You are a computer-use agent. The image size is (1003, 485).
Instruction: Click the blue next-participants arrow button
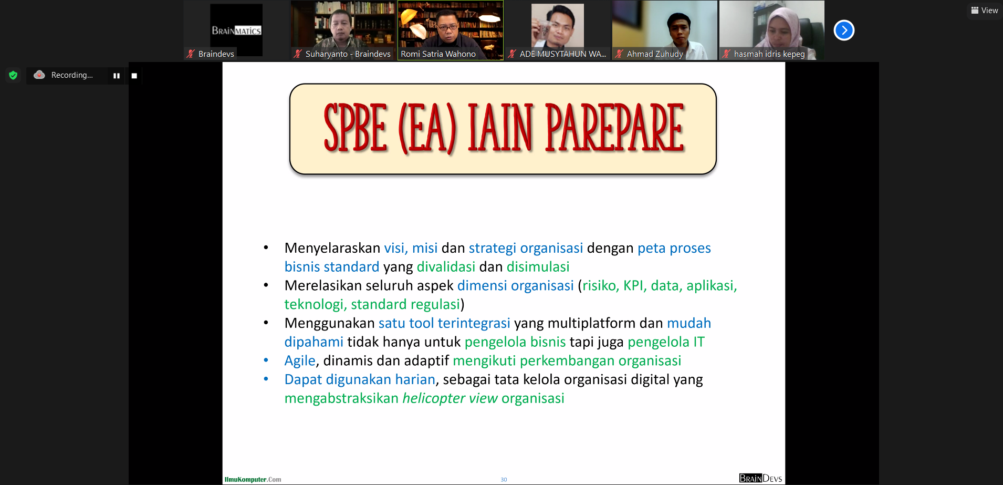844,30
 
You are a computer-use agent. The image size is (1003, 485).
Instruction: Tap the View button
985,11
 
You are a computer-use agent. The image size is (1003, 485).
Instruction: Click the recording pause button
117,76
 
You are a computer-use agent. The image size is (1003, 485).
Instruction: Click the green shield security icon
13,75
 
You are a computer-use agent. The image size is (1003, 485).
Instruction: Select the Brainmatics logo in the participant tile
236,30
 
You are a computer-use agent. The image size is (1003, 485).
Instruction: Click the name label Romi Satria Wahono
438,54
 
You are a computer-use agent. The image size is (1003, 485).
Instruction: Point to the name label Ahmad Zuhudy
655,54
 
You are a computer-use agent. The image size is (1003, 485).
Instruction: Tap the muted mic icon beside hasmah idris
726,54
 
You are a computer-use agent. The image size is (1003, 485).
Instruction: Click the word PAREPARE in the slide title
615,128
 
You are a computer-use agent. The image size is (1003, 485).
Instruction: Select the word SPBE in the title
356,128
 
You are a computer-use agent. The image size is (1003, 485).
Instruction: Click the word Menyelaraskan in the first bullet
332,248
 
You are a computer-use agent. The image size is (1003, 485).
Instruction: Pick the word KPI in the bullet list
633,286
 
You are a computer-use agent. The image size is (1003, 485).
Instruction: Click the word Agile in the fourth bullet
300,361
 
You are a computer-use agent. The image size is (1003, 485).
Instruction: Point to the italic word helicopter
434,399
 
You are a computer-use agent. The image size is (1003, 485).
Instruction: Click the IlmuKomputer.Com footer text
253,479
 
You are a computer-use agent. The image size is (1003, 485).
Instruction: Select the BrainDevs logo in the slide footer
760,478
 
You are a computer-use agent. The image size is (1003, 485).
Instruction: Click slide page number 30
504,479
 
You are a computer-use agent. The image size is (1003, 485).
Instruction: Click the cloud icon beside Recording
39,75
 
